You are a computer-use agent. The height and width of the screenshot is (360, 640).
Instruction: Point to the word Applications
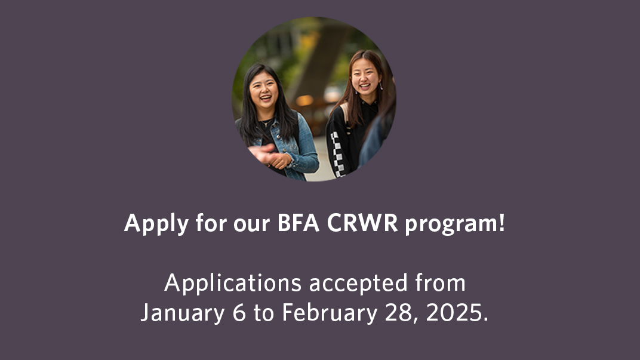(233, 283)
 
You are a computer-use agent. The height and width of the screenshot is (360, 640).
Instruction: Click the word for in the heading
(210, 223)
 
